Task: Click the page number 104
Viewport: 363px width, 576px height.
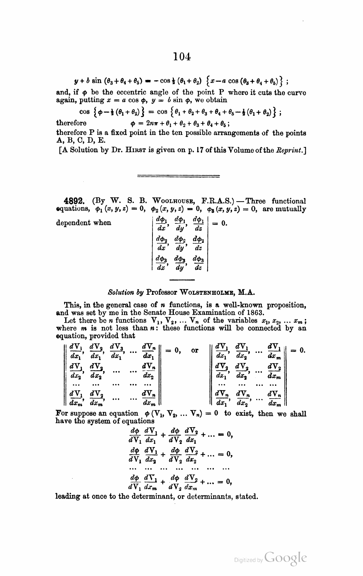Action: (x=182, y=57)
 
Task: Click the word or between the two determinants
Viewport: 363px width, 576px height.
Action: (x=195, y=350)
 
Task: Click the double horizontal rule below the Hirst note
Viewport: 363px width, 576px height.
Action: (x=178, y=176)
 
